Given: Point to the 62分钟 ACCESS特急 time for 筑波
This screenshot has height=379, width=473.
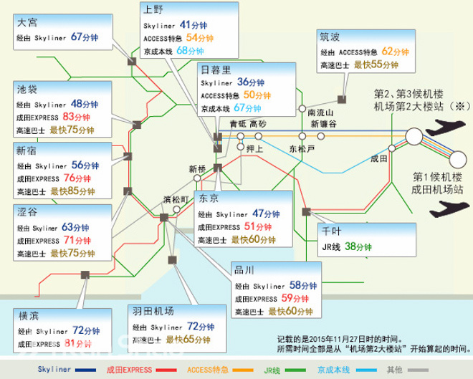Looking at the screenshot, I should tap(396, 51).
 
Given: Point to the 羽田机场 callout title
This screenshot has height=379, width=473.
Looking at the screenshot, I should tap(153, 312).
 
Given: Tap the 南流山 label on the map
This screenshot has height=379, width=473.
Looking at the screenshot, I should tap(320, 112).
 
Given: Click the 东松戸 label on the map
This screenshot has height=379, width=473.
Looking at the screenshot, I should tap(301, 148).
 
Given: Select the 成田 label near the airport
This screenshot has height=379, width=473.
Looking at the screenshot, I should tap(379, 157).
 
